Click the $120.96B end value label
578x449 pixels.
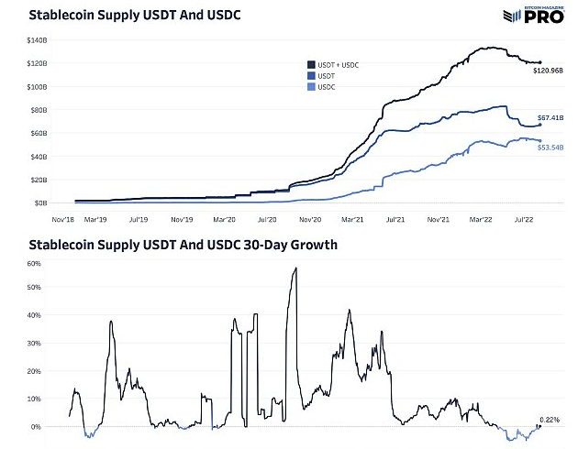(x=549, y=71)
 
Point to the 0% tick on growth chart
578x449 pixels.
(x=36, y=427)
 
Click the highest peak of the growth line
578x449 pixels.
(x=295, y=268)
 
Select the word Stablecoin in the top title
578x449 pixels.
(x=60, y=16)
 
